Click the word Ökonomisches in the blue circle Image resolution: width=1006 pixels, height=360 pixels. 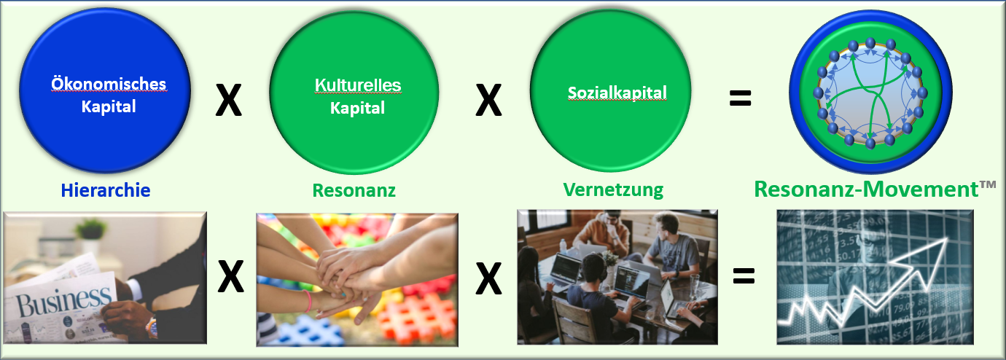click(x=109, y=84)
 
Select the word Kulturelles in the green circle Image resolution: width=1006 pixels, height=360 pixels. click(x=358, y=85)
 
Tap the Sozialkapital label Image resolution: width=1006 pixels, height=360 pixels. click(x=617, y=93)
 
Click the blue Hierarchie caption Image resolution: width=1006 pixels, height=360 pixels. click(x=106, y=190)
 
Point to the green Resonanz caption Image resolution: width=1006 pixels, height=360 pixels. click(x=354, y=190)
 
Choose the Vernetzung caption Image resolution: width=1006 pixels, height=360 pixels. click(x=613, y=189)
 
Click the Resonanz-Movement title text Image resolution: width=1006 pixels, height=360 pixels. click(x=866, y=189)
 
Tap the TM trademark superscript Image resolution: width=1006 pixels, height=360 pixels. click(x=988, y=184)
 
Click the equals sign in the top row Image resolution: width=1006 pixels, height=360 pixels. click(x=740, y=98)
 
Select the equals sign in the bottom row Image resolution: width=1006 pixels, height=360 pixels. click(x=744, y=276)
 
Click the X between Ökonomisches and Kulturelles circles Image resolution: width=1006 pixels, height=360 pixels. click(x=229, y=100)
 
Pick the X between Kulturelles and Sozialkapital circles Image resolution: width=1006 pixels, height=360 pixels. click(x=488, y=101)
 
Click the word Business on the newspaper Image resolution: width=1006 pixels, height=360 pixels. click(x=63, y=301)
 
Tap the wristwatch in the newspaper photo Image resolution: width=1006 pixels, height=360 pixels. click(x=152, y=329)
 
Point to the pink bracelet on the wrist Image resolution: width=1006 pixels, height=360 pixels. click(x=308, y=301)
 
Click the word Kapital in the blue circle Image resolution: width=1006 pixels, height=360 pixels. click(x=109, y=107)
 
